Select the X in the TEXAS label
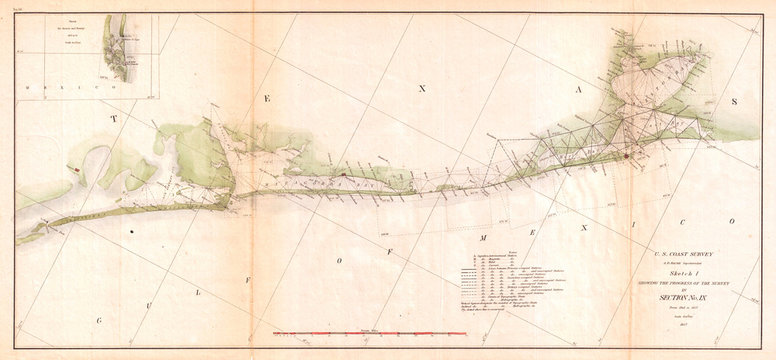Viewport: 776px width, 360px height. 422,88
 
